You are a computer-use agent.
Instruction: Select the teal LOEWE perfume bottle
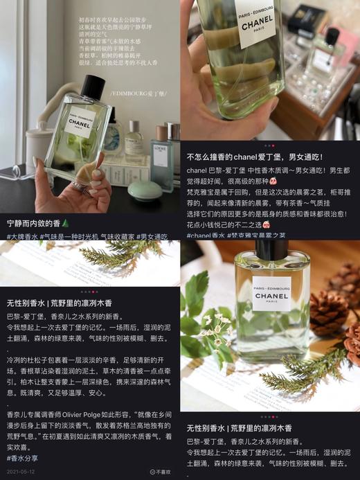point(162,157)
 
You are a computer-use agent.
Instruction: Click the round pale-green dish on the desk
point(145,190)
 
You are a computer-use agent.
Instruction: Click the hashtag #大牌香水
point(23,237)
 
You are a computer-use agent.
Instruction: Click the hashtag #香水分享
point(23,458)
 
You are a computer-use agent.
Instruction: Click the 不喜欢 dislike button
point(162,472)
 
